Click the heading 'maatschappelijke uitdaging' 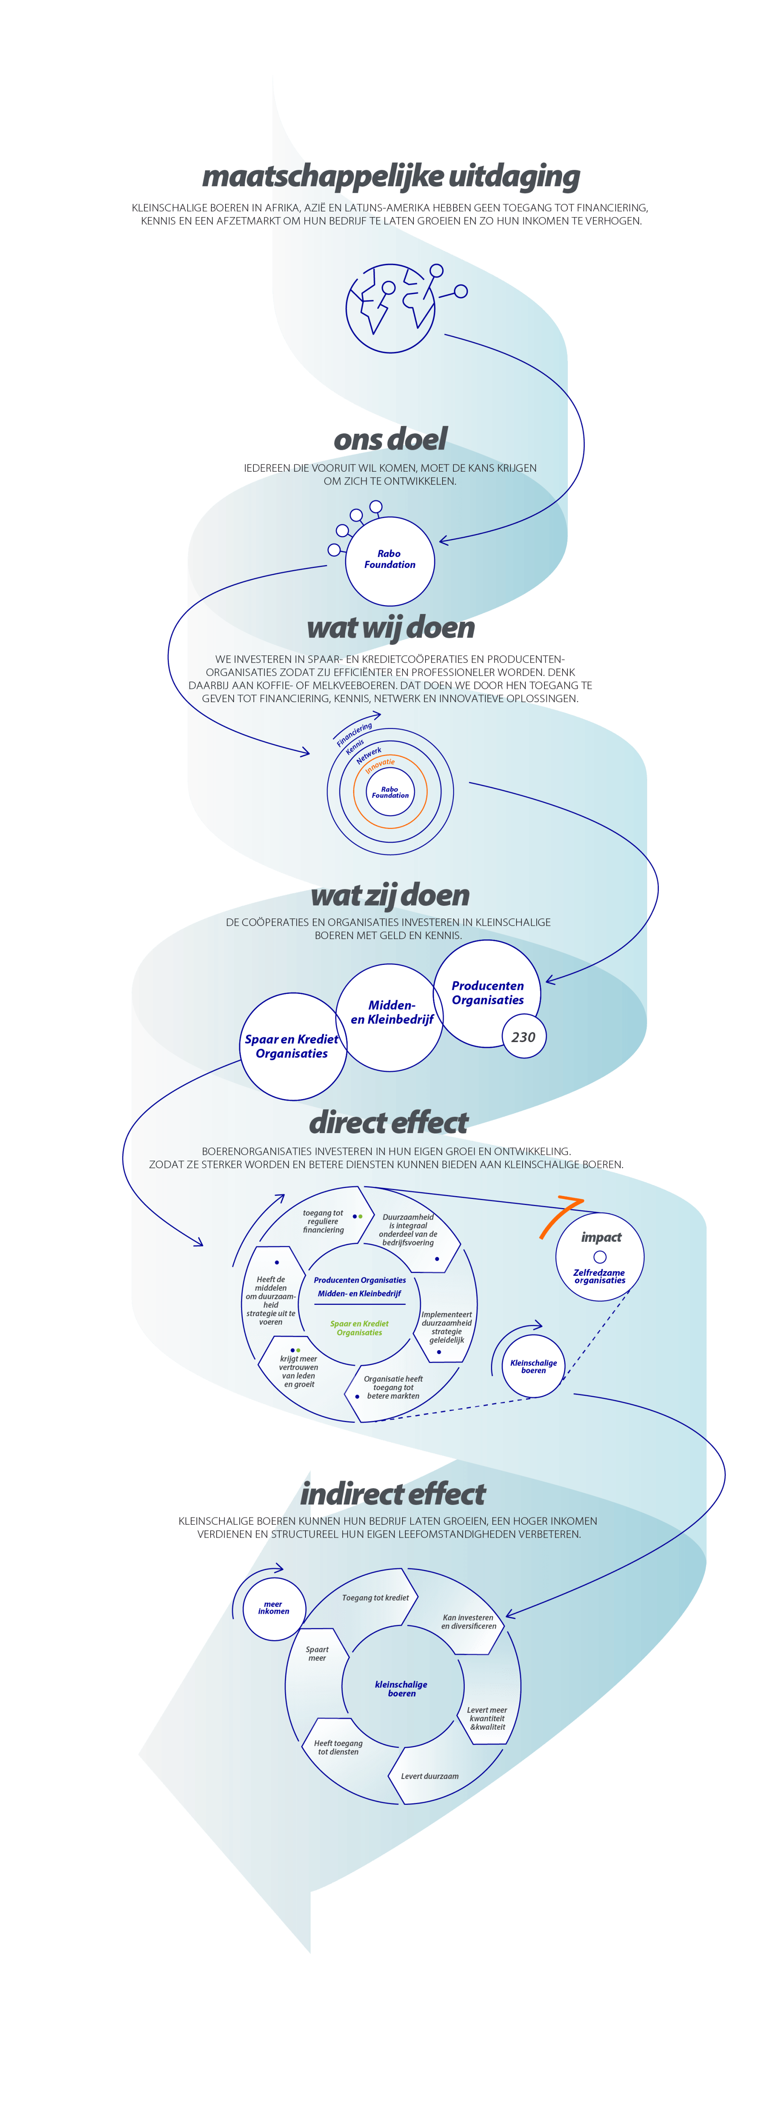pyautogui.click(x=390, y=176)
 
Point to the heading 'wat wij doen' pyautogui.click(x=390, y=627)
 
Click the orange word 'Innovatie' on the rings pyautogui.click(x=380, y=765)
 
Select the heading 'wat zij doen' pyautogui.click(x=390, y=895)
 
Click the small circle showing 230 pyautogui.click(x=523, y=1036)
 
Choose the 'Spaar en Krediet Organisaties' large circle pyautogui.click(x=293, y=1046)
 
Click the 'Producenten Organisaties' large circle pyautogui.click(x=488, y=993)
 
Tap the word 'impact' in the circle pyautogui.click(x=601, y=1237)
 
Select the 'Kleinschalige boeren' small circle pyautogui.click(x=533, y=1366)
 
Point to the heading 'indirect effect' pyautogui.click(x=393, y=1494)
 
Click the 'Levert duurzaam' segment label pyautogui.click(x=430, y=1776)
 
